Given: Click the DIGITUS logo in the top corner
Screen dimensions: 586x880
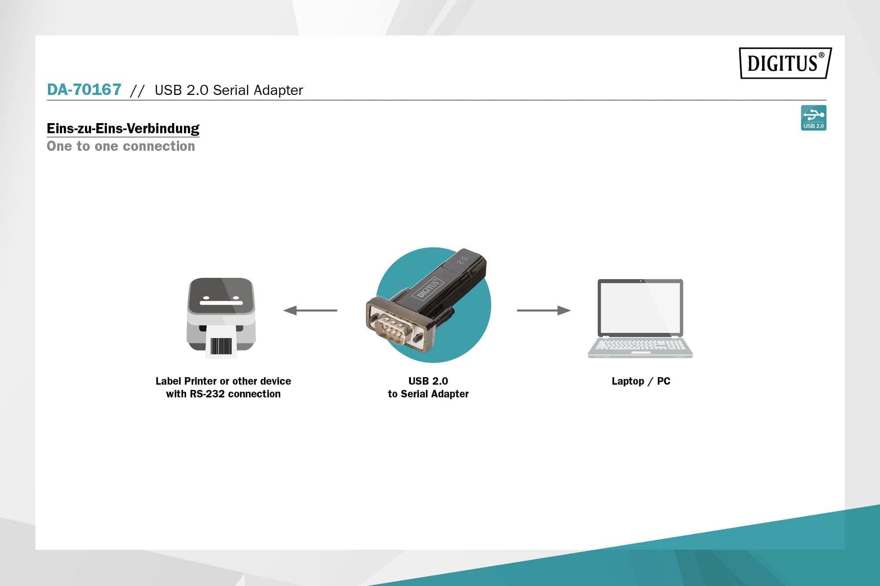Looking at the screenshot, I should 785,63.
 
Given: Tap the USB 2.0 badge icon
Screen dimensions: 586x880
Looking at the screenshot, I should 813,117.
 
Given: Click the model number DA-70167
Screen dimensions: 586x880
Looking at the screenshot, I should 84,90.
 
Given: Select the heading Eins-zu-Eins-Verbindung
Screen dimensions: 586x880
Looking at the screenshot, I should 123,128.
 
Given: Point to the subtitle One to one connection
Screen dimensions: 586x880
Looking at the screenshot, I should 121,146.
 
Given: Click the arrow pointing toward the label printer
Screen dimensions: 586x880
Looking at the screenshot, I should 310,310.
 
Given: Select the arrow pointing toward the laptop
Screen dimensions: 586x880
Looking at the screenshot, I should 543,310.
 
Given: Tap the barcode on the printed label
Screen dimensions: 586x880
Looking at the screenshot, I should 221,346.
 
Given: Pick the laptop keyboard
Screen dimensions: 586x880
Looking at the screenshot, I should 640,345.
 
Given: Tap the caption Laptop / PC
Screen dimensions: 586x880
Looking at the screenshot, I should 641,381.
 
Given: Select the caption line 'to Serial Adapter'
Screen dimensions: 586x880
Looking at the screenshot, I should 428,394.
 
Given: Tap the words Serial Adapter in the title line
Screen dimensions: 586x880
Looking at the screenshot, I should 258,90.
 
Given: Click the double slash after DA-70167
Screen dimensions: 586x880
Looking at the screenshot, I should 137,91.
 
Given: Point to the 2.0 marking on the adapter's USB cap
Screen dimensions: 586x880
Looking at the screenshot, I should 462,260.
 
